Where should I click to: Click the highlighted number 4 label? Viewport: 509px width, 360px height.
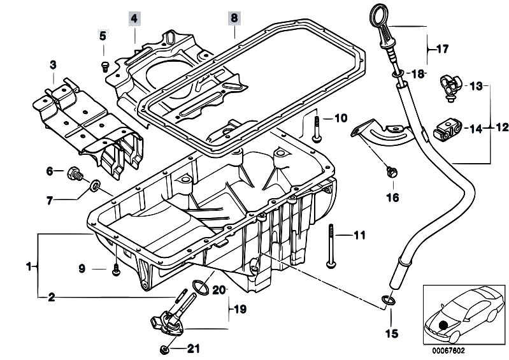pyautogui.click(x=134, y=18)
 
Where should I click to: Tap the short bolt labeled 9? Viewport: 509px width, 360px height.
pyautogui.click(x=116, y=270)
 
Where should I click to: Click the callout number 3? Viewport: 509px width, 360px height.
pyautogui.click(x=54, y=65)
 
